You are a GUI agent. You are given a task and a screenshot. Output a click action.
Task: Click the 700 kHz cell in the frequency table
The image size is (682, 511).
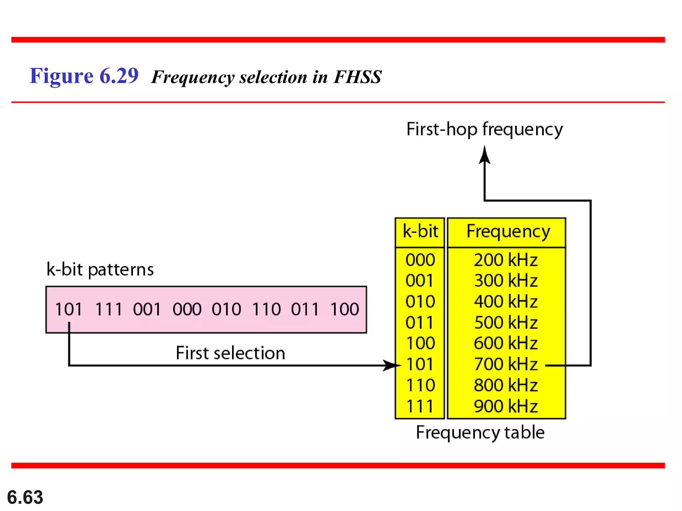[x=506, y=364]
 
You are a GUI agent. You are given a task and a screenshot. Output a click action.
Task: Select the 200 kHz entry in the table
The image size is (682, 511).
[x=506, y=260]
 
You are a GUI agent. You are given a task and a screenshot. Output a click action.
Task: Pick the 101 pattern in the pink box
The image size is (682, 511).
[x=68, y=309]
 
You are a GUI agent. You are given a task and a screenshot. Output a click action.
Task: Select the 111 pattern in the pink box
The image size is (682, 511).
[x=109, y=309]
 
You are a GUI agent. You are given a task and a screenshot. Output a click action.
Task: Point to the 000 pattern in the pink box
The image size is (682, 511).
[x=187, y=309]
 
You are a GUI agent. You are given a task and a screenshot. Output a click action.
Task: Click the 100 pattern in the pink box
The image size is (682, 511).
[x=345, y=309]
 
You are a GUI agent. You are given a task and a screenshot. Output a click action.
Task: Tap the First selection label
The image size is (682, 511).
[x=230, y=353]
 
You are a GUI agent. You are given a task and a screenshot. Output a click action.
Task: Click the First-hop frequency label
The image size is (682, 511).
[x=485, y=129]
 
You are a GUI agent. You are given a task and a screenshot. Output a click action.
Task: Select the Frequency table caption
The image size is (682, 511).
[x=480, y=432]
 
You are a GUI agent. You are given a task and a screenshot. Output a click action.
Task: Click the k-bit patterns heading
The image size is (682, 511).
[x=100, y=269]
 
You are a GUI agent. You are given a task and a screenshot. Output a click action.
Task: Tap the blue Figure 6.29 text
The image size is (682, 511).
[x=84, y=76]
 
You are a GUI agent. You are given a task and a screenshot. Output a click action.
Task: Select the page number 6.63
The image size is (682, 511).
[x=25, y=497]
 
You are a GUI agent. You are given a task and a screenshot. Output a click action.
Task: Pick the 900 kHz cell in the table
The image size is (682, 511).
[x=506, y=406]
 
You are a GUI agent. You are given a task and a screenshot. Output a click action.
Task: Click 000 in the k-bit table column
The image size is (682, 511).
[x=420, y=260]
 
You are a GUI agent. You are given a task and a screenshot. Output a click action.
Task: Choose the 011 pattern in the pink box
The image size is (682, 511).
[x=305, y=309]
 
